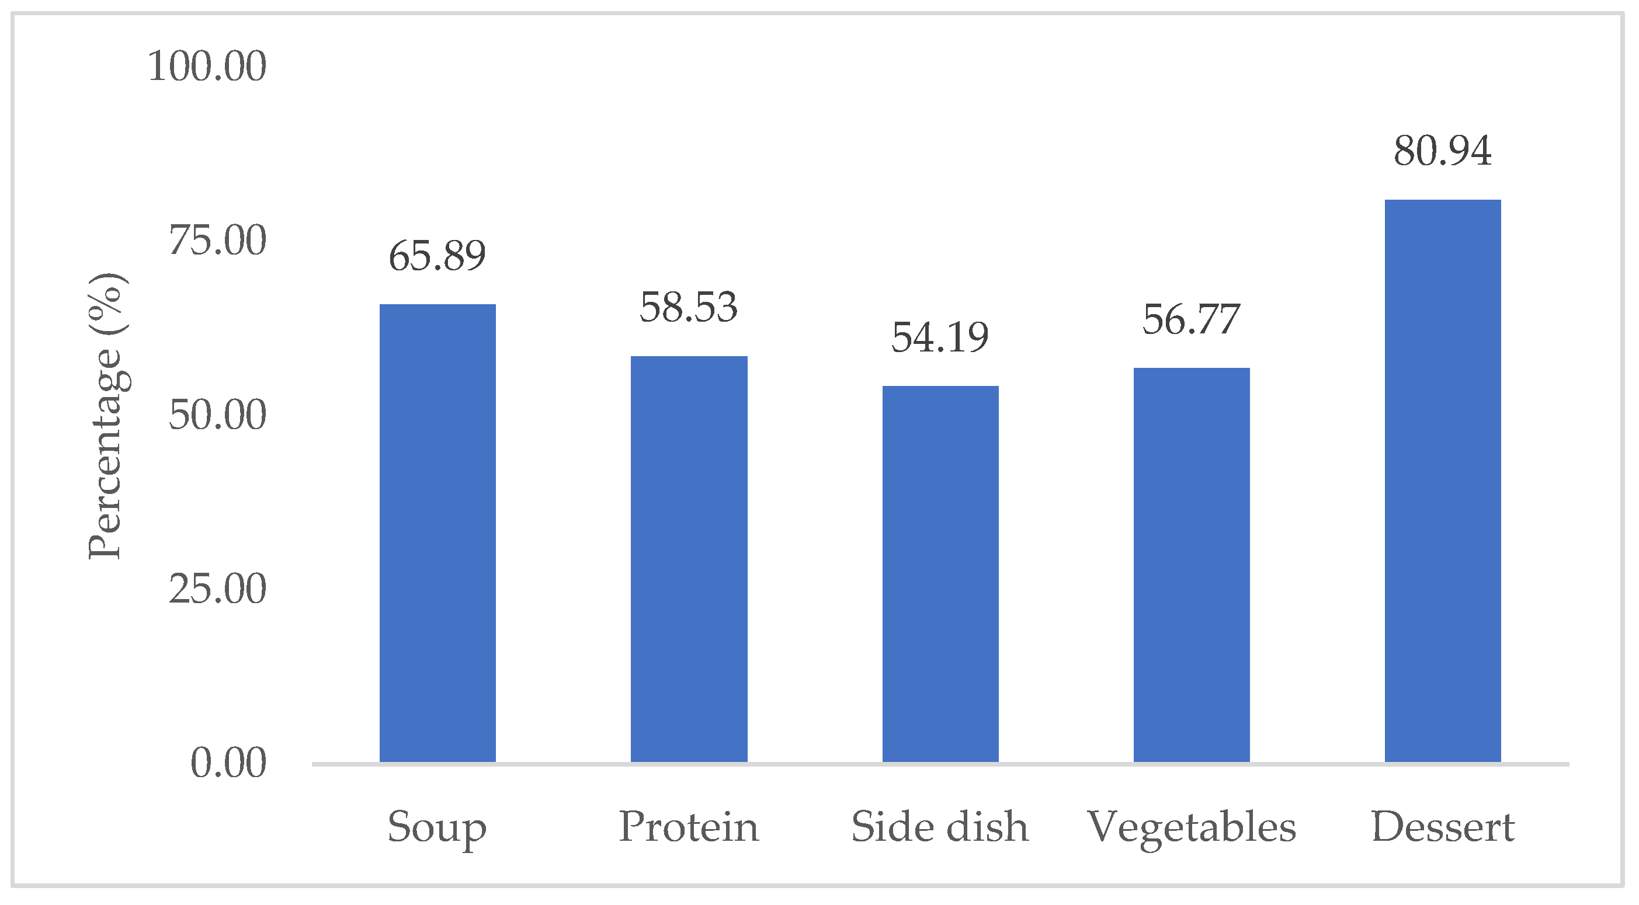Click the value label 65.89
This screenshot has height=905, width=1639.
coord(437,256)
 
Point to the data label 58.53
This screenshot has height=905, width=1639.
coord(689,308)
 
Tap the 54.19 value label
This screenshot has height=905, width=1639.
coord(940,337)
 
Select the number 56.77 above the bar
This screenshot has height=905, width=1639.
coord(1191,320)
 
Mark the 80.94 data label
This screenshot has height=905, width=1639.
coord(1442,151)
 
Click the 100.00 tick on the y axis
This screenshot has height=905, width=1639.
coord(207,66)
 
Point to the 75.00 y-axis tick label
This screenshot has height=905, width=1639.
coord(218,241)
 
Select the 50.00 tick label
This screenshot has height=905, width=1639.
coord(218,415)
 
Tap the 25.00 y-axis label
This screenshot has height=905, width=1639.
coord(218,590)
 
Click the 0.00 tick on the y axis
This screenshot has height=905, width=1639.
coord(228,763)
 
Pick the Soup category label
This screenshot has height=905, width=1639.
coord(437,828)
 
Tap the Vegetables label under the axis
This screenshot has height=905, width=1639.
coord(1191,828)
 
